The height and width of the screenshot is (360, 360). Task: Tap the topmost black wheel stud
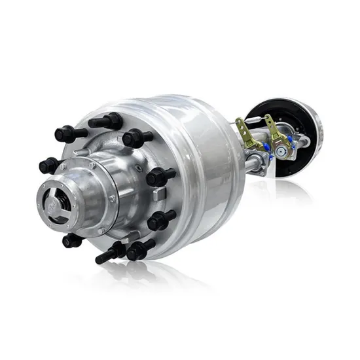click(x=107, y=122)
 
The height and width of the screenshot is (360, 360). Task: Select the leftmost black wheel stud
click(x=49, y=165)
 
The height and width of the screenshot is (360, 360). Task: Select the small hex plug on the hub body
click(x=113, y=198)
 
